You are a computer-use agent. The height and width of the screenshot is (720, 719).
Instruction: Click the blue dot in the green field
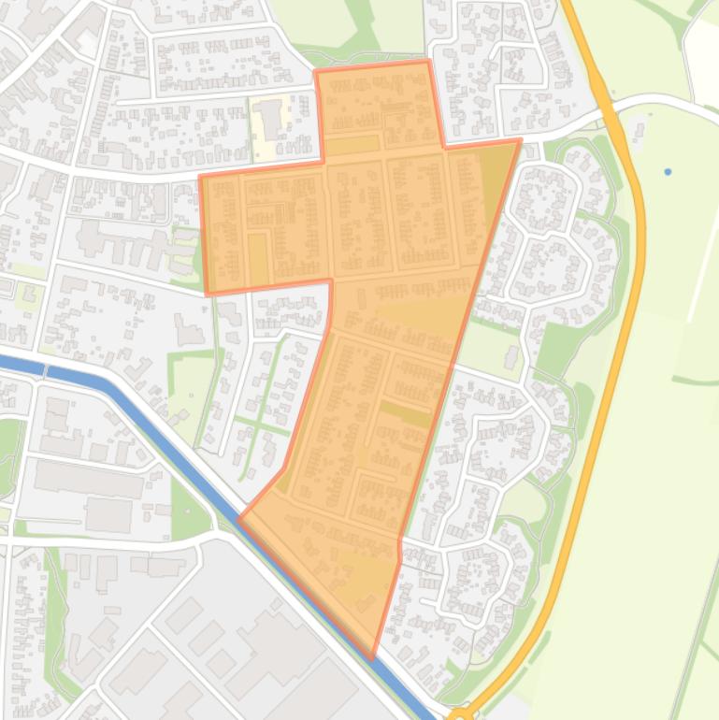point(668,172)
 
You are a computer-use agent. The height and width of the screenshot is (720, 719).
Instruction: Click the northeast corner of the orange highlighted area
point(519,141)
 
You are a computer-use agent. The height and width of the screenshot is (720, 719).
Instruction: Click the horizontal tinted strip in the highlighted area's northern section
point(352,145)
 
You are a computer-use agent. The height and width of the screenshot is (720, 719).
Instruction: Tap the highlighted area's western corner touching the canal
point(240,517)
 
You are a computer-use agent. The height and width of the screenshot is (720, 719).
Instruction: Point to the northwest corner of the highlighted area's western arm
point(201,176)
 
